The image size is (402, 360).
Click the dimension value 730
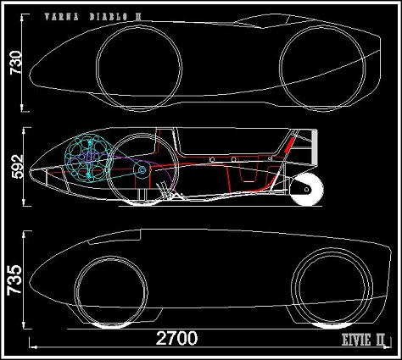click(16, 63)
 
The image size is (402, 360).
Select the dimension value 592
click(19, 166)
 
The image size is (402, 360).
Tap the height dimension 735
click(14, 280)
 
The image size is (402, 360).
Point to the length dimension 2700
click(176, 338)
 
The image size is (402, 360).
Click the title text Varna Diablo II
click(92, 17)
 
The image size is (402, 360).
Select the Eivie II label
click(363, 340)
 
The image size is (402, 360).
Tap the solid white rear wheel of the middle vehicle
click(307, 189)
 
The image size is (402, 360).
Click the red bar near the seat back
click(289, 145)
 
